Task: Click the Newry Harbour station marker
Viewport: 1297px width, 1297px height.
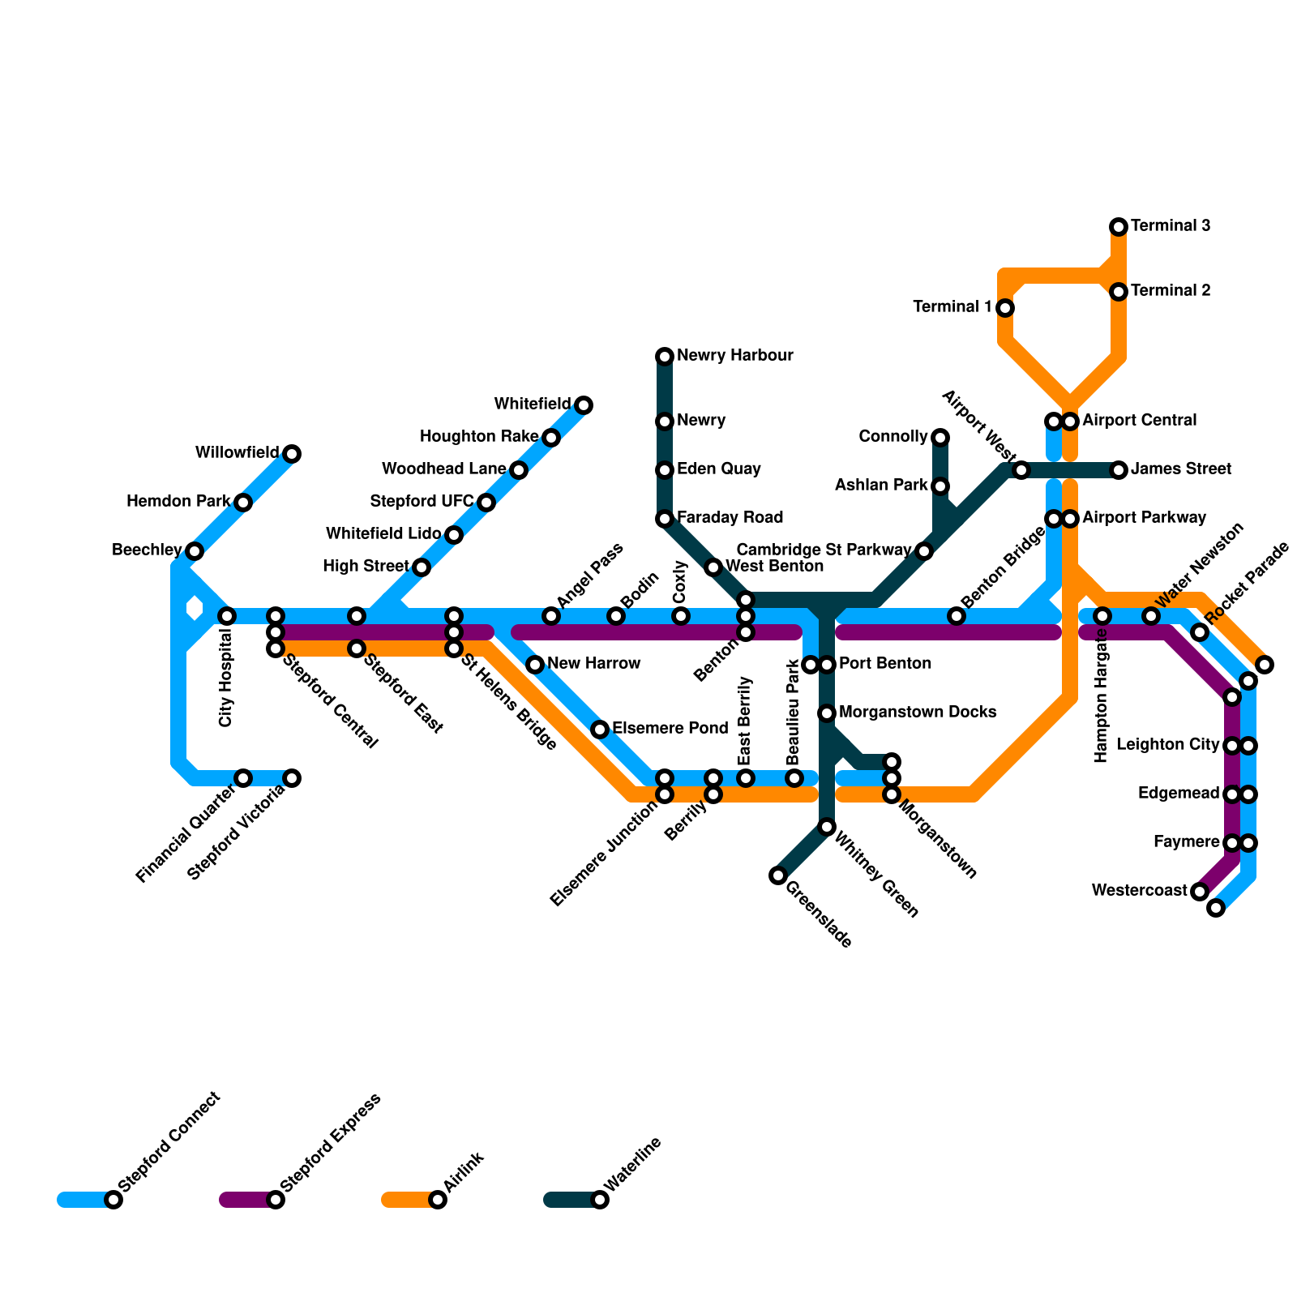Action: (x=665, y=357)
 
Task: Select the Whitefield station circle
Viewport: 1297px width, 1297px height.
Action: (x=584, y=405)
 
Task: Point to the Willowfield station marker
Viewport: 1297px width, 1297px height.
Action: (x=292, y=454)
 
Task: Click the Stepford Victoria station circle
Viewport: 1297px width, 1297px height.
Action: (x=292, y=778)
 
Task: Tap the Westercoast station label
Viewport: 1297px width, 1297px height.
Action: (x=1139, y=891)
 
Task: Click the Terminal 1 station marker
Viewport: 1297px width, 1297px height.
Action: (x=1005, y=308)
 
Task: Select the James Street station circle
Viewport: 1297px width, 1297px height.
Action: (x=1119, y=470)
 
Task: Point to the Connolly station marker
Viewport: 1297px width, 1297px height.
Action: (x=940, y=438)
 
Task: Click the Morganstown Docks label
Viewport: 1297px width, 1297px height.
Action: (x=917, y=713)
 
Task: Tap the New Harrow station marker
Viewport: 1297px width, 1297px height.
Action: (x=535, y=665)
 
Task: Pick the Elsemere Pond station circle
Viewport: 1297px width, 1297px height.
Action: (x=600, y=730)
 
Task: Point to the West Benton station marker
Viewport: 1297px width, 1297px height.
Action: (x=713, y=567)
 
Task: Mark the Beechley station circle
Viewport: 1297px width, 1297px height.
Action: (x=195, y=551)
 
